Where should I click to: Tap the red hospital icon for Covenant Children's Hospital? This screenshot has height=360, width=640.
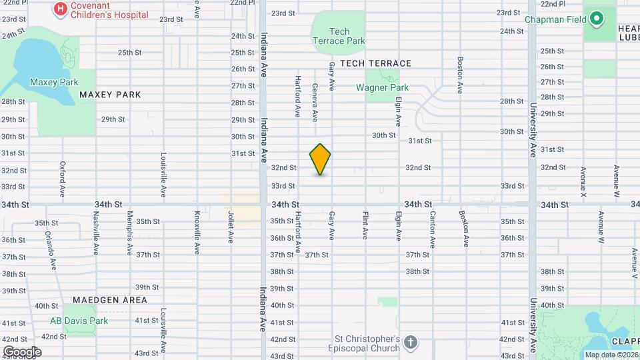61,9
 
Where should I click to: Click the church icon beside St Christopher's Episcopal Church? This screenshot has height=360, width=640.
411,343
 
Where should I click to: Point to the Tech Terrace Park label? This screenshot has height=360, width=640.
339,36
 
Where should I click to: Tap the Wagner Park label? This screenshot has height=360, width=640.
382,87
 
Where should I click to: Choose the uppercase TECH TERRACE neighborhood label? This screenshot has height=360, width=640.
375,63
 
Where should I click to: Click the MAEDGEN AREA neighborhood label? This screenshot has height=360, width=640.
109,300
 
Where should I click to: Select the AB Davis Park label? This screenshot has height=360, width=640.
79,321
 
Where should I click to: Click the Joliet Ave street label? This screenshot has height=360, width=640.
231,227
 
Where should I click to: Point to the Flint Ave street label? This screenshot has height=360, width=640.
365,225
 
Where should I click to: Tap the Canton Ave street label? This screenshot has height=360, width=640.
433,227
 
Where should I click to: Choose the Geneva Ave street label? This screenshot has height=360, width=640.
315,103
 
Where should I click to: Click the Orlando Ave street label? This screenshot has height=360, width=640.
51,250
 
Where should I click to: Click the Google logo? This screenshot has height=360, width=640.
22,351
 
